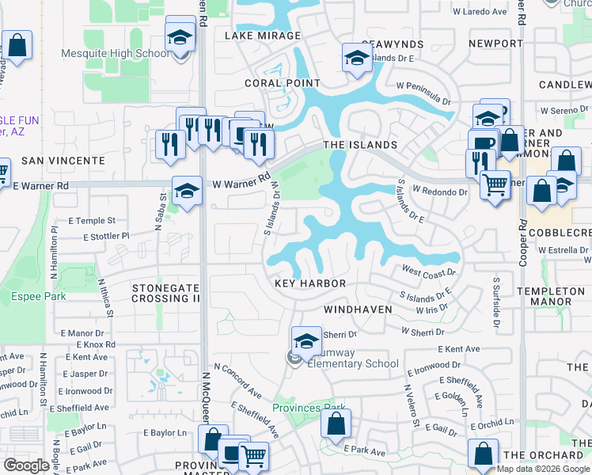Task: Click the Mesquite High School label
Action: click(115, 54)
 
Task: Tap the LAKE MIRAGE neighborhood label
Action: click(263, 36)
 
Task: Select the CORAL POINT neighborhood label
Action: click(273, 82)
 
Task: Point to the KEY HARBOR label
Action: click(310, 283)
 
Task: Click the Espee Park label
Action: click(38, 297)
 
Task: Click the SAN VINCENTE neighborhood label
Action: click(63, 161)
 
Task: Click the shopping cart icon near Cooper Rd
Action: click(495, 186)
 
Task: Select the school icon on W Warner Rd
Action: click(187, 191)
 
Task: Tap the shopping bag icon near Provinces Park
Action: click(336, 424)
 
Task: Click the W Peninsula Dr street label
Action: click(423, 93)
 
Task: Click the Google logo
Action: click(28, 465)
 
